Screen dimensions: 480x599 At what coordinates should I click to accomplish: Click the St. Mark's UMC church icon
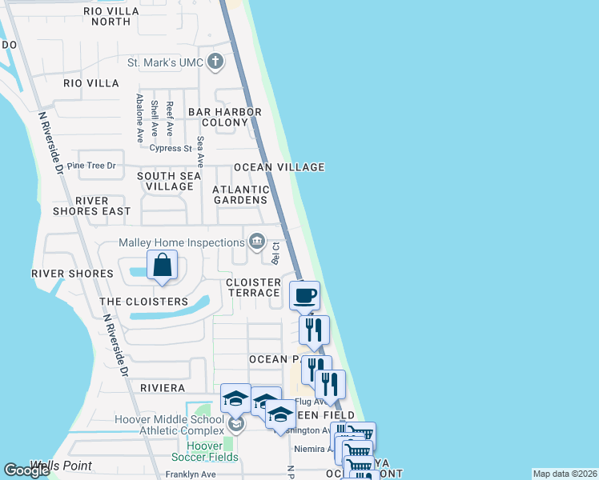coord(215,62)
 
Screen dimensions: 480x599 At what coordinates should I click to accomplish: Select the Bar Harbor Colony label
coord(224,117)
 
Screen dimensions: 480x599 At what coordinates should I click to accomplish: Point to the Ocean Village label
coord(279,167)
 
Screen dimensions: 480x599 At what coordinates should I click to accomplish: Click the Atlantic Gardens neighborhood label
coord(240,194)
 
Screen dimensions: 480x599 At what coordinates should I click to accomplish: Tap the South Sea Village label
coord(165,181)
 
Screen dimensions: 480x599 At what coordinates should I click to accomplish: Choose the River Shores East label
coord(103,206)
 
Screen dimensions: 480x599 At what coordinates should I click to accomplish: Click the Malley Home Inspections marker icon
coord(256,241)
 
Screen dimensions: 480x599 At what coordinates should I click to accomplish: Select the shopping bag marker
coord(162,265)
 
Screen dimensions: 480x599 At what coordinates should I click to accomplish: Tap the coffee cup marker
coord(304,296)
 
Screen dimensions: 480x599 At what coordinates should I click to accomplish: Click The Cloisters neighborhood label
coord(143,302)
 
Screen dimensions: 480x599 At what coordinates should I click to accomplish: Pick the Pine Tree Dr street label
coord(92,166)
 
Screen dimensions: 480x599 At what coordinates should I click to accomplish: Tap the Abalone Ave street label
coord(140,118)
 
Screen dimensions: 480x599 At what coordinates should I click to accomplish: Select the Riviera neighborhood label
coord(163,387)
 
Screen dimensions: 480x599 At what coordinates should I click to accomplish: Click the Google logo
coord(27,470)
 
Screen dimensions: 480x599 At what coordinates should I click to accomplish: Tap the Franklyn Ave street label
coord(191,474)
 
